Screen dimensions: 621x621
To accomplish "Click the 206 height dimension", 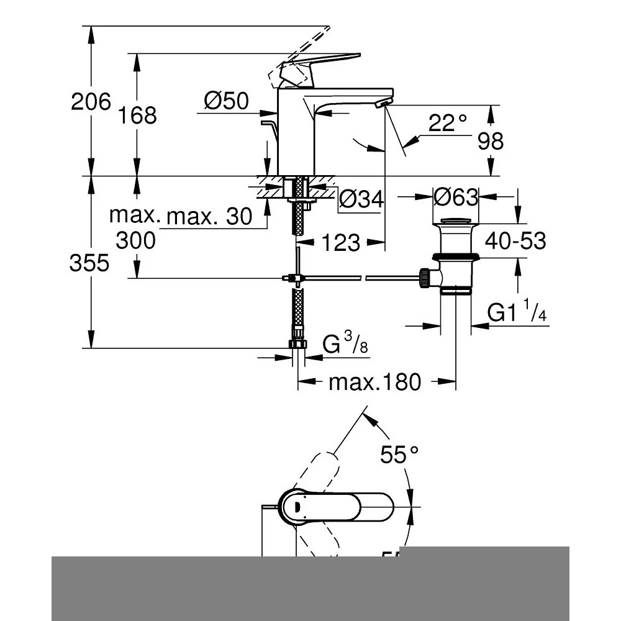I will coord(91,101).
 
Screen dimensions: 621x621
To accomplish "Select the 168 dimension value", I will coord(138,115).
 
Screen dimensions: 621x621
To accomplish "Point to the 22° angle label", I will coord(447,123).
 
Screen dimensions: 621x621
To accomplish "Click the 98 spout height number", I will coord(491,142).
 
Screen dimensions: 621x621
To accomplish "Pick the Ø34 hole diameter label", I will coord(361,199).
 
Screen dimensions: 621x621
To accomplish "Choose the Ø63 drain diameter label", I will coord(456,197).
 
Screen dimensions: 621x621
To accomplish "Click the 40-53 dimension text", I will coord(515,240).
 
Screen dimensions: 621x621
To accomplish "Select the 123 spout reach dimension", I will coord(341,243).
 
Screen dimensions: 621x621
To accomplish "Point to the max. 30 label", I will coord(209,217).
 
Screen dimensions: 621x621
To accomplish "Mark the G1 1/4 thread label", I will coord(517,313).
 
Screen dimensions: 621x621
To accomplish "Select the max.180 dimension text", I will coord(374,383).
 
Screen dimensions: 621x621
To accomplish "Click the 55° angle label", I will coord(399,456).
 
